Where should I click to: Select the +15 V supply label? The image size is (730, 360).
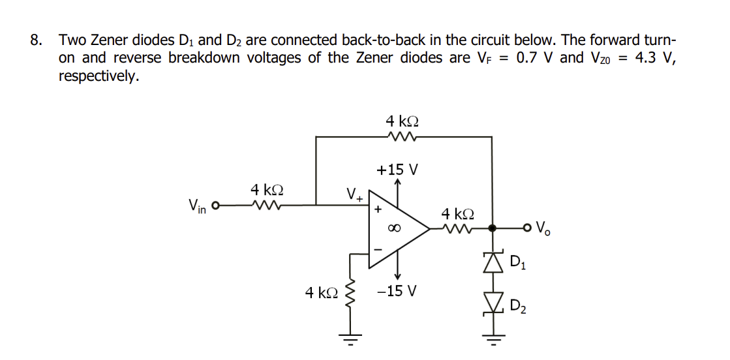(397, 170)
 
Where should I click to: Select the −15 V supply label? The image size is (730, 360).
(397, 290)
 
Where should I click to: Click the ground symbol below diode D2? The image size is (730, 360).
(493, 340)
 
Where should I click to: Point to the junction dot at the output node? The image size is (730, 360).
(493, 228)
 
